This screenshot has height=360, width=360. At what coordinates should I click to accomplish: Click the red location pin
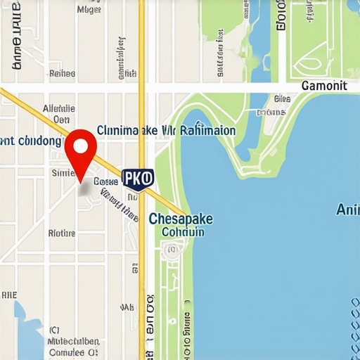[x=80, y=148]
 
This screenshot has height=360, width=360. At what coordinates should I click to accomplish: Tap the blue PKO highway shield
[x=137, y=179]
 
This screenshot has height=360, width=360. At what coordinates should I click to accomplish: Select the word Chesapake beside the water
[x=181, y=219]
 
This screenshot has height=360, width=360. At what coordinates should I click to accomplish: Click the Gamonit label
[x=323, y=86]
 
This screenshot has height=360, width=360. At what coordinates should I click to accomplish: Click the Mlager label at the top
[x=88, y=10]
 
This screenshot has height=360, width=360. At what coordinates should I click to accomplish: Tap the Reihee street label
[x=63, y=72]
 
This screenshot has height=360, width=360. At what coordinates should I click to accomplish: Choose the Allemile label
[x=59, y=109]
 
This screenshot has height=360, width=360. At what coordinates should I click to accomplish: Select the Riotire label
[x=61, y=233]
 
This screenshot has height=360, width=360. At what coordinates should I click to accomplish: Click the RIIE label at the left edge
[x=8, y=295]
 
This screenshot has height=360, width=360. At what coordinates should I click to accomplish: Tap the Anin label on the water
[x=348, y=209]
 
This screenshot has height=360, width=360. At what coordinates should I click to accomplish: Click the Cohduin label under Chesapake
[x=183, y=232]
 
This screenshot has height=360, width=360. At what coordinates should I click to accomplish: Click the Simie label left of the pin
[x=63, y=172]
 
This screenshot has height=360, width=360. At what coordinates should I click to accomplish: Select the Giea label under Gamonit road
[x=282, y=99]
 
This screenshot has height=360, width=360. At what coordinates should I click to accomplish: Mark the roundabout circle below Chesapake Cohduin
[x=169, y=249]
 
